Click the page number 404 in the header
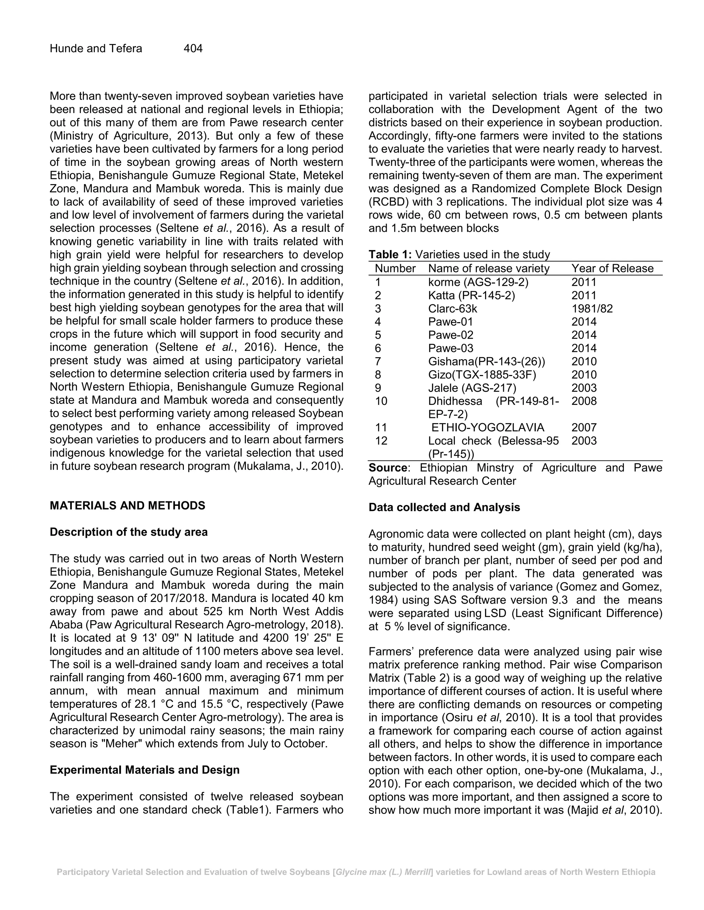[193, 49]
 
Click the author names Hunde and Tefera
[96, 49]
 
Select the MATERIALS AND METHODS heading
[127, 506]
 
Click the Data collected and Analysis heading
[444, 508]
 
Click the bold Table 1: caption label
[390, 254]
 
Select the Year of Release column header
[612, 268]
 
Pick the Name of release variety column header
[489, 268]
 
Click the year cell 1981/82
[592, 309]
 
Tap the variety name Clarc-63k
[452, 309]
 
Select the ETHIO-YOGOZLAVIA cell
[487, 428]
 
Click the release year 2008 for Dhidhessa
[584, 401]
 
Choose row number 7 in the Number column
[378, 362]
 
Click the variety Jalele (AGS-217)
[472, 388]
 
